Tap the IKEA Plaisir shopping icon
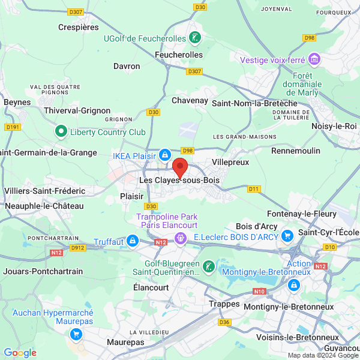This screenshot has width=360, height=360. point(164,155)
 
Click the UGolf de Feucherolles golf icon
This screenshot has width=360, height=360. point(194,38)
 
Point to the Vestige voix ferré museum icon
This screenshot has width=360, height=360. point(314,59)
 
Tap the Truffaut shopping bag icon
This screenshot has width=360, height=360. point(132,242)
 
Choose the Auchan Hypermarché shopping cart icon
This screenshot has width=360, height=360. point(76,334)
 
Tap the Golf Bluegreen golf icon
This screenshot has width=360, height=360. point(208,266)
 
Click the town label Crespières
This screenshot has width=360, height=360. point(78,27)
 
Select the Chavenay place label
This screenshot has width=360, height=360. point(190,100)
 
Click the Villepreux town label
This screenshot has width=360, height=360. point(231,162)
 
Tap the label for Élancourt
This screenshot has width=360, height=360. point(151,287)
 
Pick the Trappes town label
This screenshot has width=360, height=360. point(224,304)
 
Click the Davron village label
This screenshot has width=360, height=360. point(127,66)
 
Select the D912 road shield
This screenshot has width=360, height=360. point(78,247)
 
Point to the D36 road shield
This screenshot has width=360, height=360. point(224,322)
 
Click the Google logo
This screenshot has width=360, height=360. point(20,353)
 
